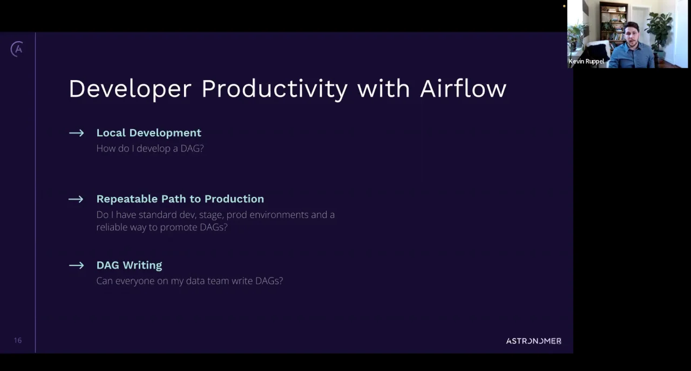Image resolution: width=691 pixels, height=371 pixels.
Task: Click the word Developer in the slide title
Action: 130,89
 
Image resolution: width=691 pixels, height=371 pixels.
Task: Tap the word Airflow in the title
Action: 463,89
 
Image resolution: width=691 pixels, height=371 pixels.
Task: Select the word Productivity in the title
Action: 274,89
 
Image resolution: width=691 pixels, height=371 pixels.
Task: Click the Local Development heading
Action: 148,133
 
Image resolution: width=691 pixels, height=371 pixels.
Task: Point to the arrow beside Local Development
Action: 76,133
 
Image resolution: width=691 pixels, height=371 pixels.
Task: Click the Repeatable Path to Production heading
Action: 180,199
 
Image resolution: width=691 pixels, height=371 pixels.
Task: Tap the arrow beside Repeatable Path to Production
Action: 76,199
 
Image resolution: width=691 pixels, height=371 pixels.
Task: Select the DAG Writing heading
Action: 129,265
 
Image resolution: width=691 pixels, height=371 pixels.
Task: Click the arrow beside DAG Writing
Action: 76,265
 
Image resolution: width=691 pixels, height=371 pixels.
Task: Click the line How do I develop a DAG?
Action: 150,148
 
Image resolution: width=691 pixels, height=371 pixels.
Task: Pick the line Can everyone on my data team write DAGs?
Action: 189,281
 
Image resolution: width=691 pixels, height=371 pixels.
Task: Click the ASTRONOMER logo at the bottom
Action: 533,341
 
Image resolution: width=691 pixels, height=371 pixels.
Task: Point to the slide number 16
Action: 18,340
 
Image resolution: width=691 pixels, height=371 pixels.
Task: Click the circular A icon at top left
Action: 17,49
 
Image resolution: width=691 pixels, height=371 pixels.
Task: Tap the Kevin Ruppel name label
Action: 586,62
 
